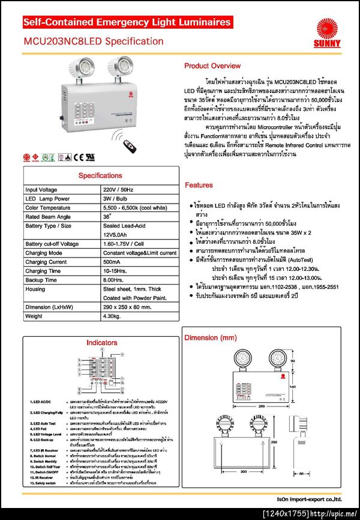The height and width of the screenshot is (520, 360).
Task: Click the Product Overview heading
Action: coord(212,65)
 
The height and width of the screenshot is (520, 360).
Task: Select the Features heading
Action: coord(199,185)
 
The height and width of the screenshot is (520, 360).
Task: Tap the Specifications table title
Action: coord(100,175)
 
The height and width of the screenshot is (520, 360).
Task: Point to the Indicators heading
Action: coord(101,342)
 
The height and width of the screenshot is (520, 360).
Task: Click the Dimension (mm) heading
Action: coord(210,337)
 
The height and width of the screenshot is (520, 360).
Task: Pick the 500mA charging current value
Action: coord(112,262)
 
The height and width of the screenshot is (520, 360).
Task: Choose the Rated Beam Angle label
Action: coord(48,216)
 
